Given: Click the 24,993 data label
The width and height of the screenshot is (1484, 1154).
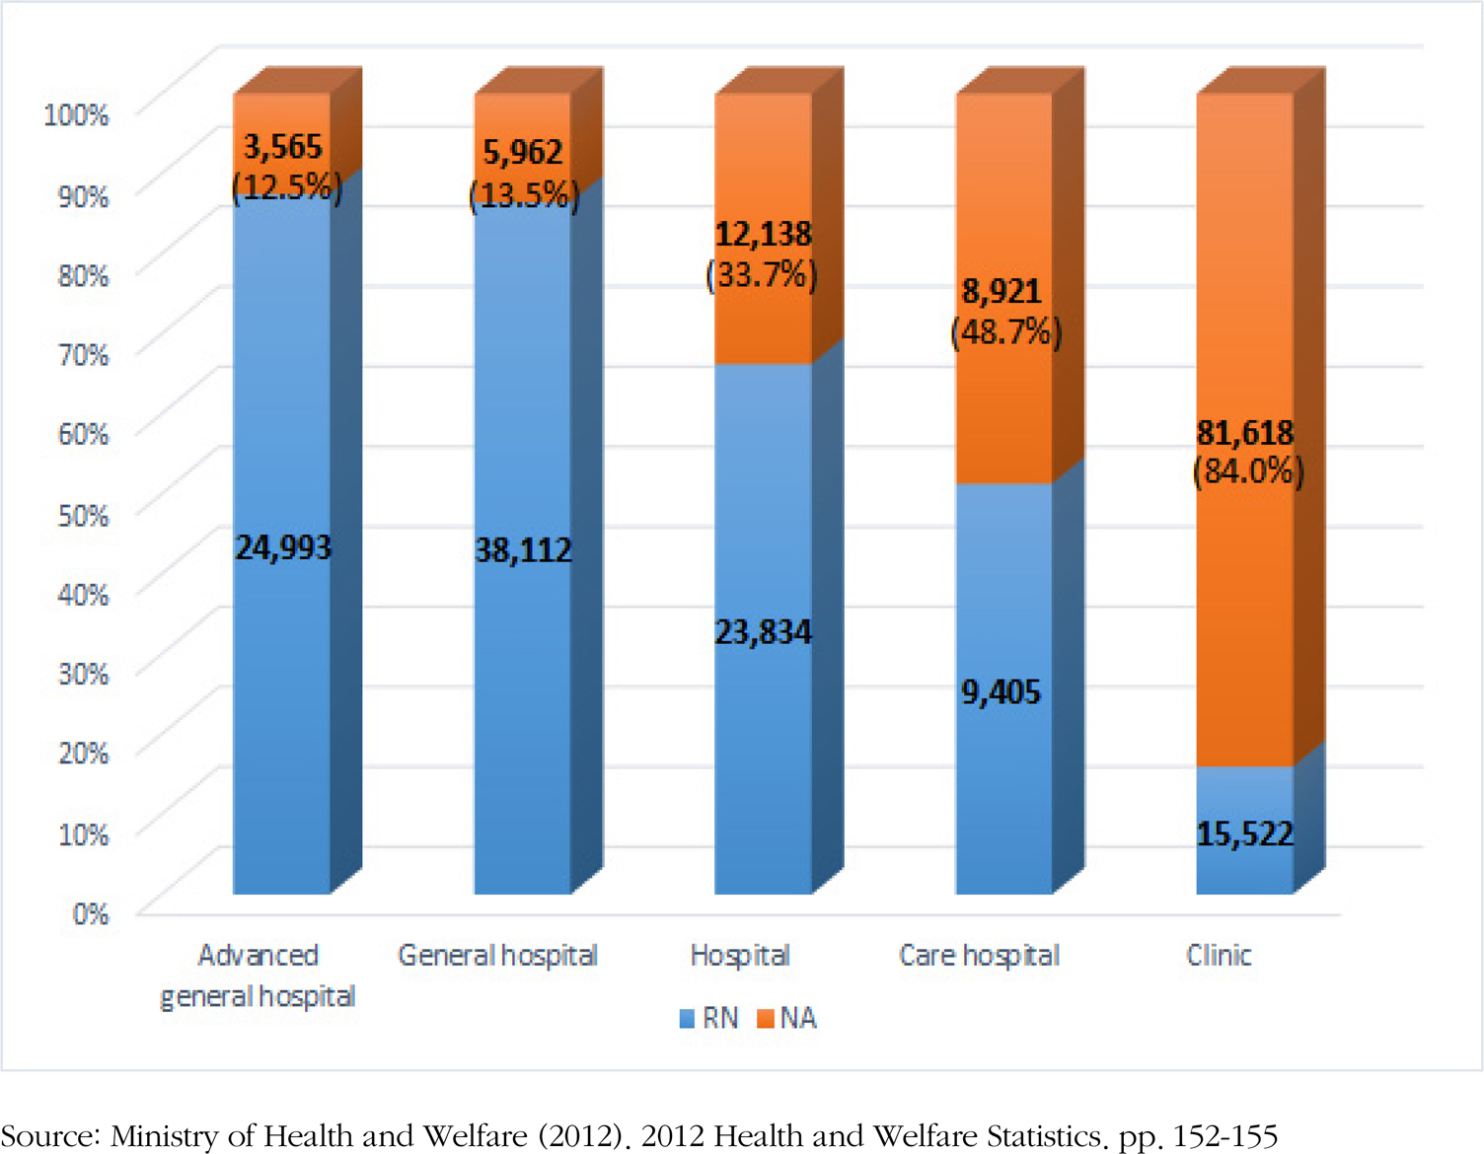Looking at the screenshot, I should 283,547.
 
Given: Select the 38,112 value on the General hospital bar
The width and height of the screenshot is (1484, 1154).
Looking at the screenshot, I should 524,550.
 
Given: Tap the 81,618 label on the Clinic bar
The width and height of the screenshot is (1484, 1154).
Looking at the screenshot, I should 1245,433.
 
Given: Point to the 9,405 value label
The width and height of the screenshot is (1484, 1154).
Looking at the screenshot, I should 1002,692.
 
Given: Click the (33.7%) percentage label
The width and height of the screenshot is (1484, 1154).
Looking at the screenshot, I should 762,274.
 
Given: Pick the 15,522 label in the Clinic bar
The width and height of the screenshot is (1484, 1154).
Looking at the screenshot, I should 1245,834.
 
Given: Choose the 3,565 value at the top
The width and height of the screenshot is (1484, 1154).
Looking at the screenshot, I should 283,147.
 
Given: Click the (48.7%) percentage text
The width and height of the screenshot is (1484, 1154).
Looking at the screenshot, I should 1005,332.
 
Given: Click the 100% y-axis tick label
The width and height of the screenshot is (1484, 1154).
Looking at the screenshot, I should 76,114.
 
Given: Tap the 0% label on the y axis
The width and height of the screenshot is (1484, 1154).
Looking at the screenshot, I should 90,914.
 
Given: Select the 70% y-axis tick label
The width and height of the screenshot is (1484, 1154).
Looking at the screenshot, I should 83,354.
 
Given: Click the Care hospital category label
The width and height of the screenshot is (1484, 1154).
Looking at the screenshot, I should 979,956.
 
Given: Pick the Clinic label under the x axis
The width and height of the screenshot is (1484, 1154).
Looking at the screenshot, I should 1219,956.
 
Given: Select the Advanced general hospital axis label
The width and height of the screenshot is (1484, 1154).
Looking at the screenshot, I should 258,975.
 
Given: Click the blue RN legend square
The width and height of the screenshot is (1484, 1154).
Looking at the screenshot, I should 687,1019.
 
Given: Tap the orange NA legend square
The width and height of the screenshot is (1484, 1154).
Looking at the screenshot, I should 765,1019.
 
